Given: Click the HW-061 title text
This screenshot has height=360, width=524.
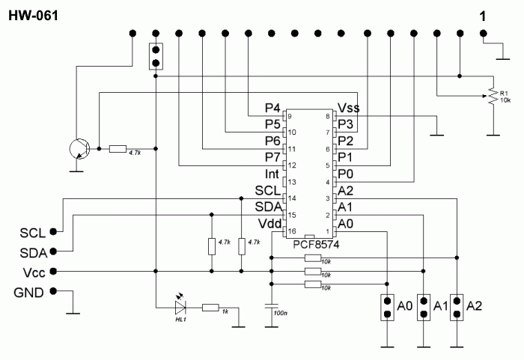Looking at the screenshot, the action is pyautogui.click(x=33, y=16).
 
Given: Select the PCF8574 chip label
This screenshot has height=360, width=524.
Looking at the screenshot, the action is pyautogui.click(x=316, y=245).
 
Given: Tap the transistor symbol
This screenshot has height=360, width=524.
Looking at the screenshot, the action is pyautogui.click(x=79, y=149).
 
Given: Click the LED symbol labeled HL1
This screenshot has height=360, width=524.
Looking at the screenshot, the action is pyautogui.click(x=180, y=307).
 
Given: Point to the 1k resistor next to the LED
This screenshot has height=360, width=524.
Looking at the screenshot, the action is pyautogui.click(x=210, y=308).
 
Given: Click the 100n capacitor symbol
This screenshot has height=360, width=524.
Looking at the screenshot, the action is pyautogui.click(x=271, y=306).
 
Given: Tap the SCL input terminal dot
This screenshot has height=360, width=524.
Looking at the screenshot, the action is pyautogui.click(x=53, y=231).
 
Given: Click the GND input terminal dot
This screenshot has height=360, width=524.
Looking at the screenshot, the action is pyautogui.click(x=53, y=291).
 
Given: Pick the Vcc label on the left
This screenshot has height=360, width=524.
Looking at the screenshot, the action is pyautogui.click(x=34, y=272).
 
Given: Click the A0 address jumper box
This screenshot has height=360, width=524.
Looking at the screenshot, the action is pyautogui.click(x=387, y=308).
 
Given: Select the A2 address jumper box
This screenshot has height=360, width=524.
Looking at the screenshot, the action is pyautogui.click(x=457, y=308).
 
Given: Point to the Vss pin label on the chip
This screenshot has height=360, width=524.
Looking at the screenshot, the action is pyautogui.click(x=349, y=108).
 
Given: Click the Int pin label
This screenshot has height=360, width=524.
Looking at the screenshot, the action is pyautogui.click(x=272, y=174).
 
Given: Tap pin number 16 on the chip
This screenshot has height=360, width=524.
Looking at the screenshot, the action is pyautogui.click(x=292, y=231).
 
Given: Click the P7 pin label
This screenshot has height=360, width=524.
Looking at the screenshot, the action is pyautogui.click(x=272, y=157).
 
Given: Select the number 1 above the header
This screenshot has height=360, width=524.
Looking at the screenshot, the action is pyautogui.click(x=483, y=16).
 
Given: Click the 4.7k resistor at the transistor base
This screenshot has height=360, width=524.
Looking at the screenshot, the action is pyautogui.click(x=118, y=149).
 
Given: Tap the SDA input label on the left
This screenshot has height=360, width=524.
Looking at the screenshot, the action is pyautogui.click(x=34, y=254).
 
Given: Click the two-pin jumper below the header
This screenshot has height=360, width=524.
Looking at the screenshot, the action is pyautogui.click(x=156, y=56).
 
